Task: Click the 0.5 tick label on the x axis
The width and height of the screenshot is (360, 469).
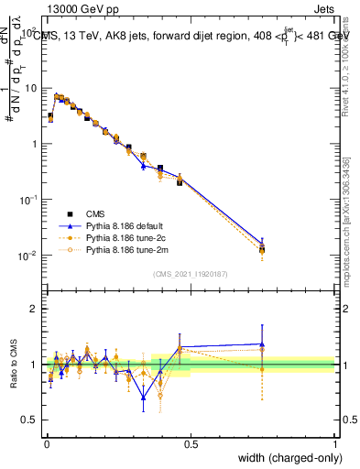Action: pos(191,444)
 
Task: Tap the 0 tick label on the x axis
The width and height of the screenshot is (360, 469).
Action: pos(47,444)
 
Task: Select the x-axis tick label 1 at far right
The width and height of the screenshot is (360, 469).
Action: pos(334,444)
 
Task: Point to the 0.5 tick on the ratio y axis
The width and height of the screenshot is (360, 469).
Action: pos(29,420)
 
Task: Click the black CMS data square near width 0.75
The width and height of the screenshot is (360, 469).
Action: pos(262,249)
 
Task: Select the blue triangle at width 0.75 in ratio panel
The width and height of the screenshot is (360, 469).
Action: pos(262,344)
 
